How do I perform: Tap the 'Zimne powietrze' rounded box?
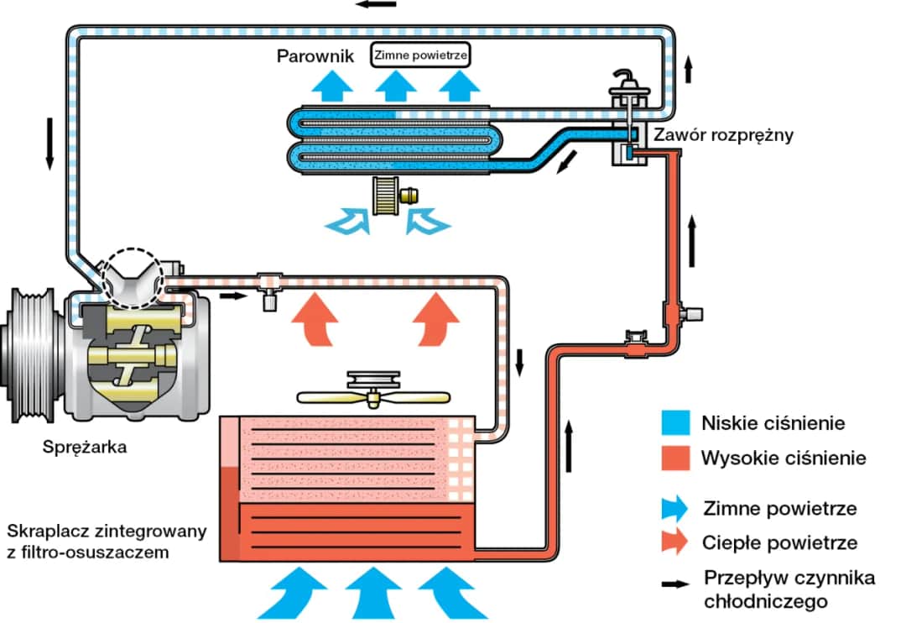click(420, 55)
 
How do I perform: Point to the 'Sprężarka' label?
click(85, 447)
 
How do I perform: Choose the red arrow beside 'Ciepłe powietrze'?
click(674, 542)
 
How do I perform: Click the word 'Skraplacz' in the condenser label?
click(41, 532)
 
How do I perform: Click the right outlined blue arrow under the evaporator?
click(427, 221)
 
